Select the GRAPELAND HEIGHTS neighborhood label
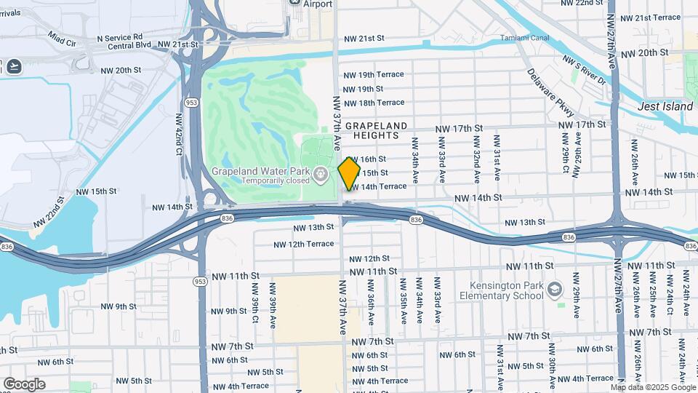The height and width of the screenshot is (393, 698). pyautogui.click(x=376, y=130)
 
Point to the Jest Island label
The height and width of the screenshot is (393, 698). pyautogui.click(x=665, y=106)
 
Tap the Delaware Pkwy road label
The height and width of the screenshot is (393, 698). pyautogui.click(x=550, y=92)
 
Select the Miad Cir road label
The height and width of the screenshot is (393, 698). pyautogui.click(x=62, y=35)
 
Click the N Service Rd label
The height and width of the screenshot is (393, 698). pyautogui.click(x=120, y=36)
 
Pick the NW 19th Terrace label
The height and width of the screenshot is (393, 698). pyautogui.click(x=374, y=75)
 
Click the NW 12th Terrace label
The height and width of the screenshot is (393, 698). pyautogui.click(x=304, y=244)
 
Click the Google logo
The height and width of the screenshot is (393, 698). pyautogui.click(x=24, y=384)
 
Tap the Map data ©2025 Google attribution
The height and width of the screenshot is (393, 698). pyautogui.click(x=653, y=387)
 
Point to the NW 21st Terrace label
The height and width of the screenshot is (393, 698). pyautogui.click(x=647, y=17)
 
